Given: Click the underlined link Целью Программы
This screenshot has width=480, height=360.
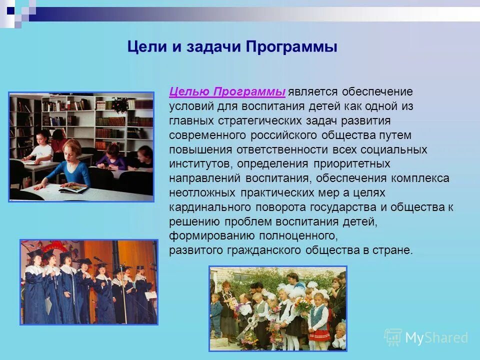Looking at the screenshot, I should (x=227, y=92).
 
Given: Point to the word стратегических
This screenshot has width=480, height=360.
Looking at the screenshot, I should (x=259, y=121).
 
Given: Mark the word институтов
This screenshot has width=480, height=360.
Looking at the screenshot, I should (x=201, y=164).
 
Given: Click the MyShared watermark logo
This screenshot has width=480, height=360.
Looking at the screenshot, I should (x=425, y=337).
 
